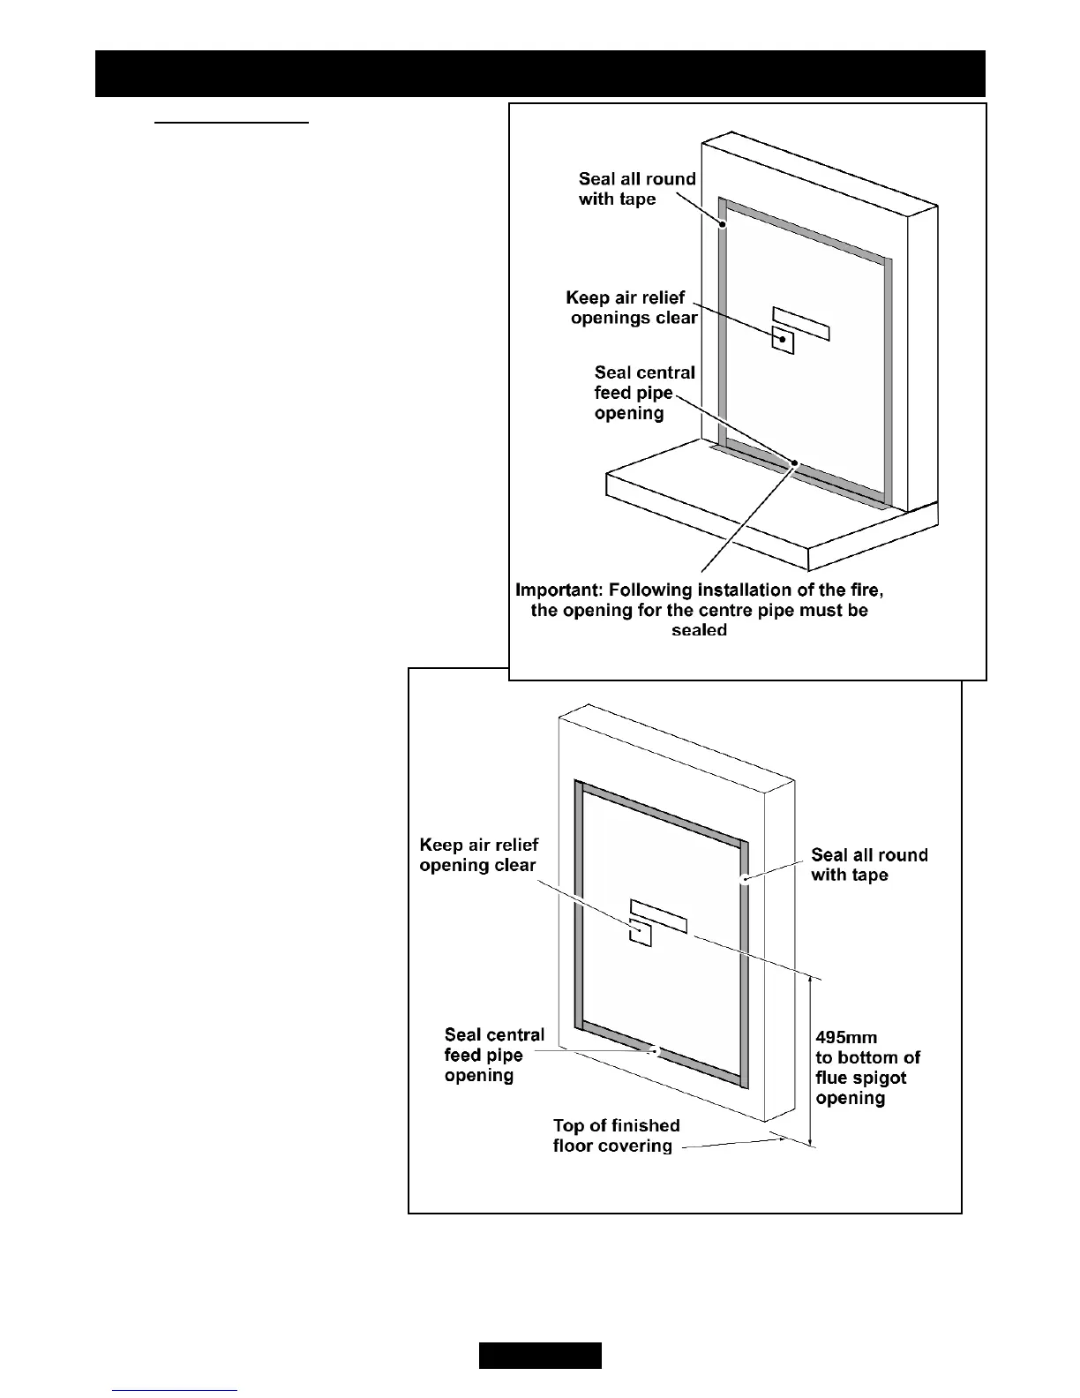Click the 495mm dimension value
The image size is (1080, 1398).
pyautogui.click(x=846, y=1037)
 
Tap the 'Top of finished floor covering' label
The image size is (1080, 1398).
pyautogui.click(x=616, y=1136)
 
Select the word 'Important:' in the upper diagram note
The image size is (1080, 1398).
pyautogui.click(x=559, y=590)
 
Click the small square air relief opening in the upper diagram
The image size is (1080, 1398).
pyautogui.click(x=783, y=340)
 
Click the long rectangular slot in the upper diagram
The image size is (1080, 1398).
pyautogui.click(x=801, y=323)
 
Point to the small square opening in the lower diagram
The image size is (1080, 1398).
pyautogui.click(x=640, y=932)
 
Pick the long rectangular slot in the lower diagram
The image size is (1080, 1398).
pyautogui.click(x=658, y=916)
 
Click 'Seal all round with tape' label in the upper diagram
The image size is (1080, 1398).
pyautogui.click(x=636, y=189)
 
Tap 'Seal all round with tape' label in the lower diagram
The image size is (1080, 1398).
pyautogui.click(x=868, y=865)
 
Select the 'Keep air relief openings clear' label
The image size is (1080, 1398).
pyautogui.click(x=631, y=308)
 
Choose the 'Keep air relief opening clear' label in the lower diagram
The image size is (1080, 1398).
pyautogui.click(x=478, y=855)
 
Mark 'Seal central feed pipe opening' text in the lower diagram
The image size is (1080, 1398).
pyautogui.click(x=493, y=1055)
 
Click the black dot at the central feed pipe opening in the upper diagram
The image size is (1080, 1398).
pyautogui.click(x=794, y=462)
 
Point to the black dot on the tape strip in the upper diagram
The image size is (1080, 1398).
pyautogui.click(x=722, y=225)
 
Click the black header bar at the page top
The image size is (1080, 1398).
pyautogui.click(x=540, y=73)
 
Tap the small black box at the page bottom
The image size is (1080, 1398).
pyautogui.click(x=540, y=1355)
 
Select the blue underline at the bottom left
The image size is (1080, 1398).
pyautogui.click(x=176, y=1390)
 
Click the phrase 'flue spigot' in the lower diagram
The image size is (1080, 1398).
pyautogui.click(x=860, y=1078)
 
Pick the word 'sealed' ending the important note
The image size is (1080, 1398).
pyautogui.click(x=699, y=630)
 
